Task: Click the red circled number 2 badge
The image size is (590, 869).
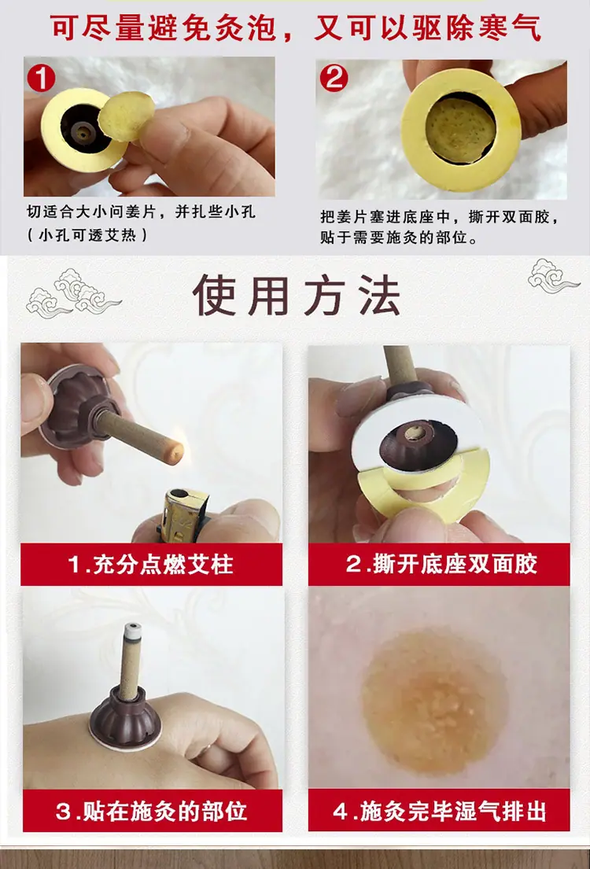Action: point(334,77)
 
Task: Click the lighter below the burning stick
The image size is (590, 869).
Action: point(183,514)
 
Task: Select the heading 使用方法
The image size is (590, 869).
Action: point(297,296)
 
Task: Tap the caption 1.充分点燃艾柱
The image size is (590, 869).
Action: point(151,565)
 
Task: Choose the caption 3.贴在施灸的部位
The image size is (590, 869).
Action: point(151,812)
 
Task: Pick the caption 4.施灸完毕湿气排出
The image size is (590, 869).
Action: point(440,812)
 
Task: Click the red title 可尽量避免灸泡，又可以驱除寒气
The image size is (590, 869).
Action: point(296,28)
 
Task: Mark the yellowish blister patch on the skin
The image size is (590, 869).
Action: point(434,703)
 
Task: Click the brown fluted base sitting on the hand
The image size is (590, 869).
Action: point(125,718)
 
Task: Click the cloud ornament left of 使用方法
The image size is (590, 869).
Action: point(73,294)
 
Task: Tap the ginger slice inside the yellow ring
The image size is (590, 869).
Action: point(460,131)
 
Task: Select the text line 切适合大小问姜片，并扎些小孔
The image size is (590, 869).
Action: point(142,212)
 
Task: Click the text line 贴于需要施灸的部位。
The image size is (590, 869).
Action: point(399,238)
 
